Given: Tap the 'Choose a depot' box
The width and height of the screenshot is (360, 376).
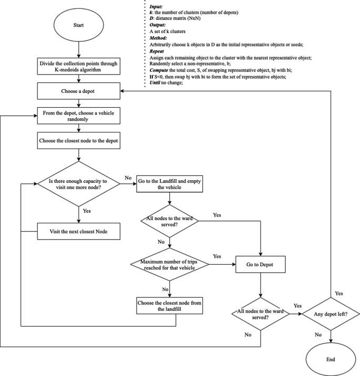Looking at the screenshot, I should tap(79, 91).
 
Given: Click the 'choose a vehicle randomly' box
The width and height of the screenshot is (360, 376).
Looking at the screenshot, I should tap(79, 116).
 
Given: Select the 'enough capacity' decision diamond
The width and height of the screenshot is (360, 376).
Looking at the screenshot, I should tap(79, 183).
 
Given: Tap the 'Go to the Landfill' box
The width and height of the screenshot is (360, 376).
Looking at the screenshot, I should tap(169, 183).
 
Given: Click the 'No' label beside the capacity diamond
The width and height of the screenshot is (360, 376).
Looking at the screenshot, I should tap(128, 178).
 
